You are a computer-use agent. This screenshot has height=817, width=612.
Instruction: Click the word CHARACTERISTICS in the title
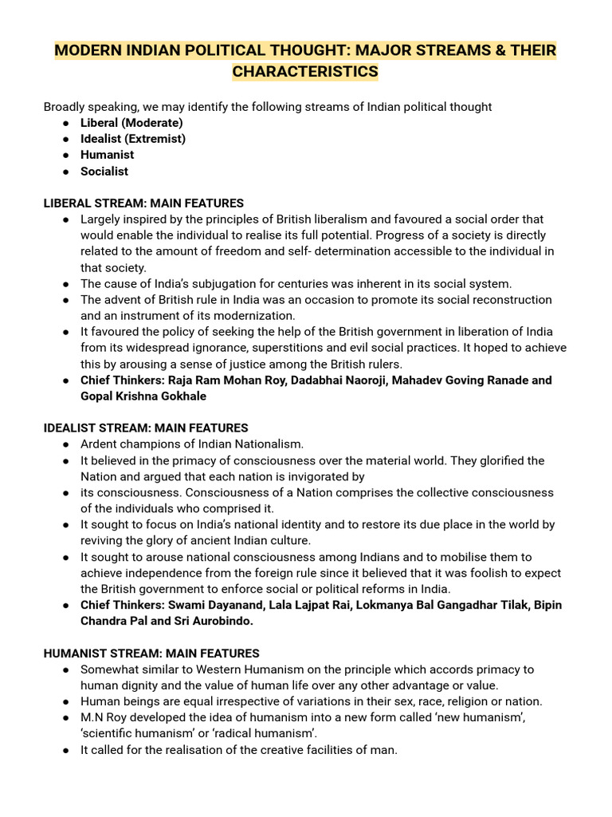(305, 72)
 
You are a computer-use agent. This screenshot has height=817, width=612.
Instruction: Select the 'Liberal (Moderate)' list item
(131, 123)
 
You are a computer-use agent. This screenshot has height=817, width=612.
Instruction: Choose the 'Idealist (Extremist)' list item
(133, 139)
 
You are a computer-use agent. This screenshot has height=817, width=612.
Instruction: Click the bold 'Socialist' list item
(104, 172)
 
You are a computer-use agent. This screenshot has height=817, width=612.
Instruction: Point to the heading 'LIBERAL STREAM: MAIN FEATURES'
(143, 203)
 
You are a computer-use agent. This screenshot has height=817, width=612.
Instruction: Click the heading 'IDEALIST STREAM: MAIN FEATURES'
(146, 428)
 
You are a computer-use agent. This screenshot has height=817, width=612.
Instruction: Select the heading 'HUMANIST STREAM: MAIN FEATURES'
(151, 653)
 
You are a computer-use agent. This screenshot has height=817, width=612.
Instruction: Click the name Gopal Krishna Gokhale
(143, 397)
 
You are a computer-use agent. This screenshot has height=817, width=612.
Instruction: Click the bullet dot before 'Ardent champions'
(65, 445)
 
